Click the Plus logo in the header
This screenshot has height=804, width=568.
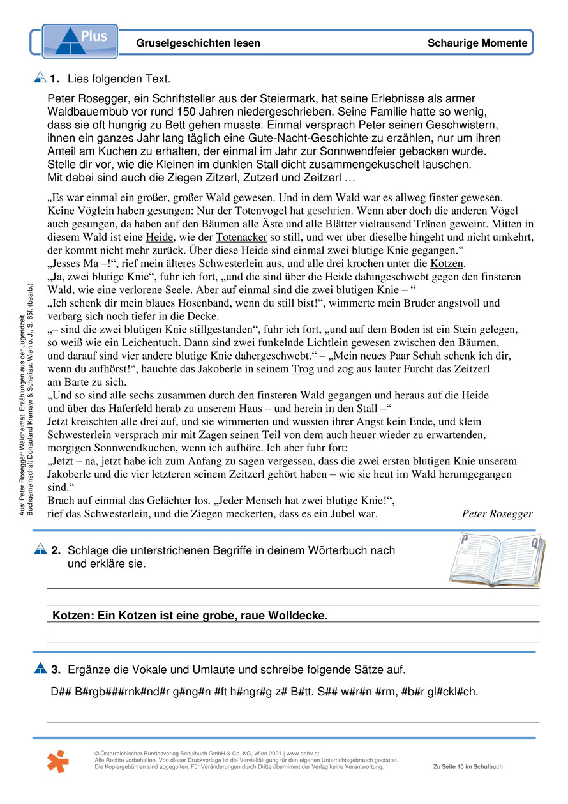coord(80,42)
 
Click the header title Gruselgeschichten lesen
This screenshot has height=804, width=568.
coord(198,43)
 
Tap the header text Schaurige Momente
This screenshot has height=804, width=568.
coord(477,43)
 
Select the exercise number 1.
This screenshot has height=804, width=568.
coord(54,79)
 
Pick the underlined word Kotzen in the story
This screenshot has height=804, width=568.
coord(448,263)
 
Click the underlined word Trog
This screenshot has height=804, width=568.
coord(303,369)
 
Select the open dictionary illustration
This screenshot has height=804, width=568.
coord(495,560)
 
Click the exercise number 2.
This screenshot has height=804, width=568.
coord(56,550)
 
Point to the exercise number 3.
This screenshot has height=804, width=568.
coord(56,669)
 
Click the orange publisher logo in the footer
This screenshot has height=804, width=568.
coord(58,761)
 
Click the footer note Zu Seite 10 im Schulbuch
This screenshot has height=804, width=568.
coord(467,767)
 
